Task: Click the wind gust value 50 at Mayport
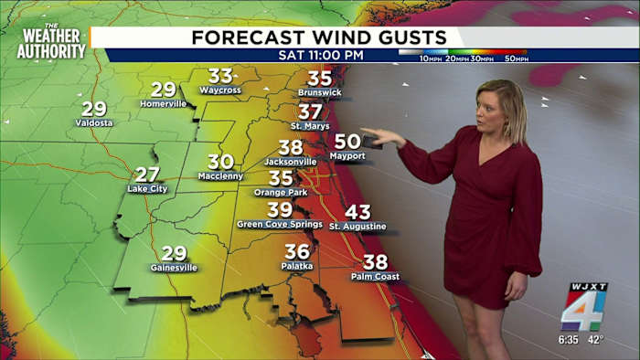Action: tap(347, 142)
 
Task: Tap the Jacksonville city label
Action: tap(291, 162)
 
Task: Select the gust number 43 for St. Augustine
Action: tap(357, 212)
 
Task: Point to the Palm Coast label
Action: tap(375, 276)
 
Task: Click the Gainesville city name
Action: tap(174, 268)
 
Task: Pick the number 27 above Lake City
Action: tap(147, 174)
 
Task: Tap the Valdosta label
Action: tap(94, 122)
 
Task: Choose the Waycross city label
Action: tap(219, 90)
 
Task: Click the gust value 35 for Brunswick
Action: tap(319, 79)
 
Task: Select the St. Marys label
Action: tap(310, 125)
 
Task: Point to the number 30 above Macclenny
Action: tap(221, 162)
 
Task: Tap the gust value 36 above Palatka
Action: tap(297, 251)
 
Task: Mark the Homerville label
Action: tap(163, 103)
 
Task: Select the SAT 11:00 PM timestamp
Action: tap(320, 55)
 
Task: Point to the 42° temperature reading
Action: tap(597, 342)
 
